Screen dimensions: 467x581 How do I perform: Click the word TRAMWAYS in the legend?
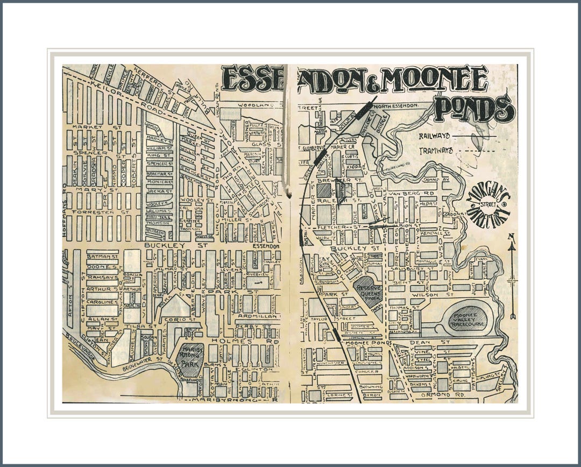[x=436, y=151]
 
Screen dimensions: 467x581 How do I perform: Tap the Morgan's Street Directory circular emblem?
[x=488, y=207]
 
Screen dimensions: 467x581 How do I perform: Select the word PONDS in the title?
[x=474, y=109]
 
